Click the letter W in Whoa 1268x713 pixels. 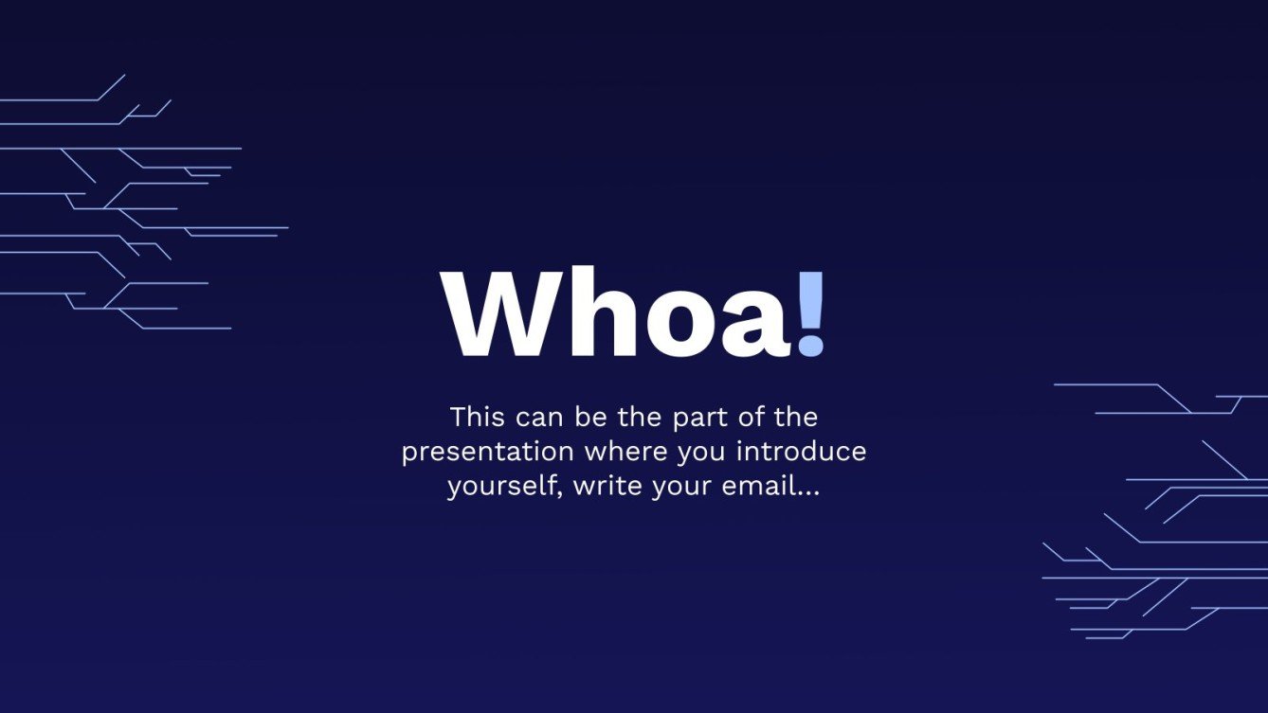[500, 315]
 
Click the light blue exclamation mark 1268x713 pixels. [811, 315]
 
